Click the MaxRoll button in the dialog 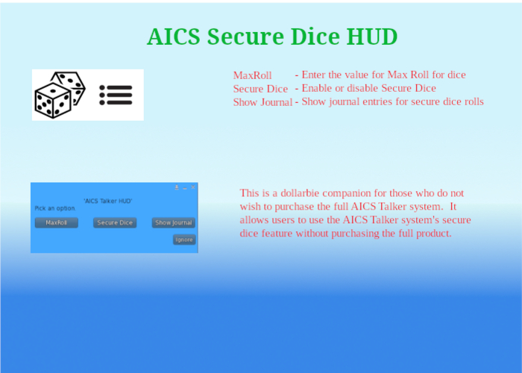(x=57, y=222)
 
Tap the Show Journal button (x=174, y=222)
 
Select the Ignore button (x=183, y=239)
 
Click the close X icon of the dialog (x=193, y=187)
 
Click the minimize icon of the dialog (x=185, y=188)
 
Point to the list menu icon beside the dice (x=116, y=94)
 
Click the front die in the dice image (x=52, y=101)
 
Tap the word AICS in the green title (x=174, y=37)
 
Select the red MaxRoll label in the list (x=252, y=75)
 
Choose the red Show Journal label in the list (x=262, y=102)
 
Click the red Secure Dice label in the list (x=260, y=89)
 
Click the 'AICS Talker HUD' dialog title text (x=108, y=201)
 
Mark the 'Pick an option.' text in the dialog (x=55, y=208)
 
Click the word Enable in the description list (x=317, y=88)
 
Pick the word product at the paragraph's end (x=432, y=233)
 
